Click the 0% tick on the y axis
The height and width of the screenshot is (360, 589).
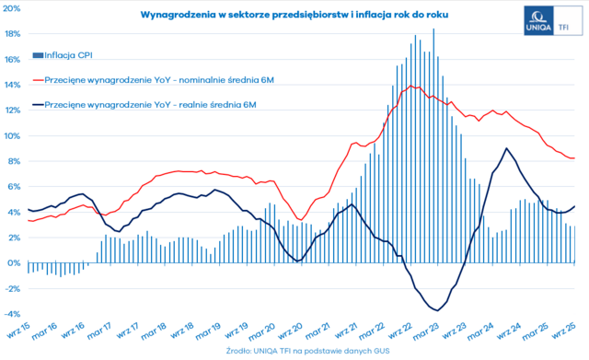click(13, 262)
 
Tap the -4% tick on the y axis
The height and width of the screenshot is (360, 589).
click(12, 313)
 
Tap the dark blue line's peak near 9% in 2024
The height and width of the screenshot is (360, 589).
click(506, 149)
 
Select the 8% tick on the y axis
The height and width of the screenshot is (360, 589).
click(13, 161)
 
